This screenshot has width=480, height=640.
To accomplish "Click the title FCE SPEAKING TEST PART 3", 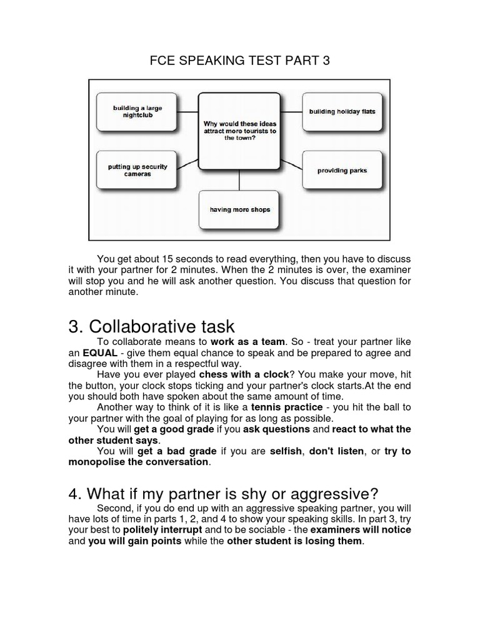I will point(240,61).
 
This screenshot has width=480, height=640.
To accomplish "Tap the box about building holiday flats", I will point(342,112).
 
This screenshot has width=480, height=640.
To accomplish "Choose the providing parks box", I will point(342,170).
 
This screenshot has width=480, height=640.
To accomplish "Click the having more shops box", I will point(240,209).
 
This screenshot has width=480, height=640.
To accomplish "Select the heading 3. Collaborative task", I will point(151,326).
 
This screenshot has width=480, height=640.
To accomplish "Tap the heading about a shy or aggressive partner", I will point(224,492).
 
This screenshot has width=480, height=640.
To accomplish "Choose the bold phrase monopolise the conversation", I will point(139,462).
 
